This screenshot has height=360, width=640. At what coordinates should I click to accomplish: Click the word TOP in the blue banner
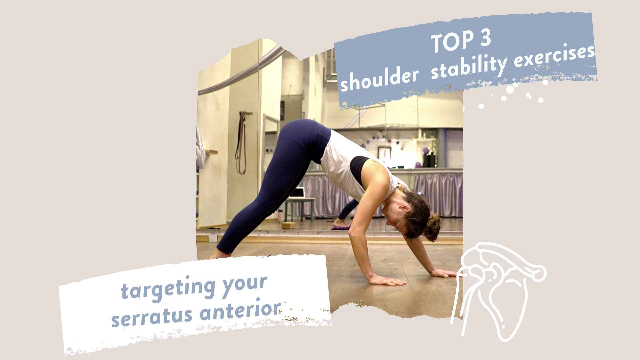point(452,42)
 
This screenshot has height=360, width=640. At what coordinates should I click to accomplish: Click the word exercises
point(554,55)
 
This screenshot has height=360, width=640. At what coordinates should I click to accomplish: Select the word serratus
point(152,317)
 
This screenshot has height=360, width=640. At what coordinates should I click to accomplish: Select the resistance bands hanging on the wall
point(241,143)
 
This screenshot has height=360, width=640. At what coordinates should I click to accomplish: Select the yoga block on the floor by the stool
point(288,225)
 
